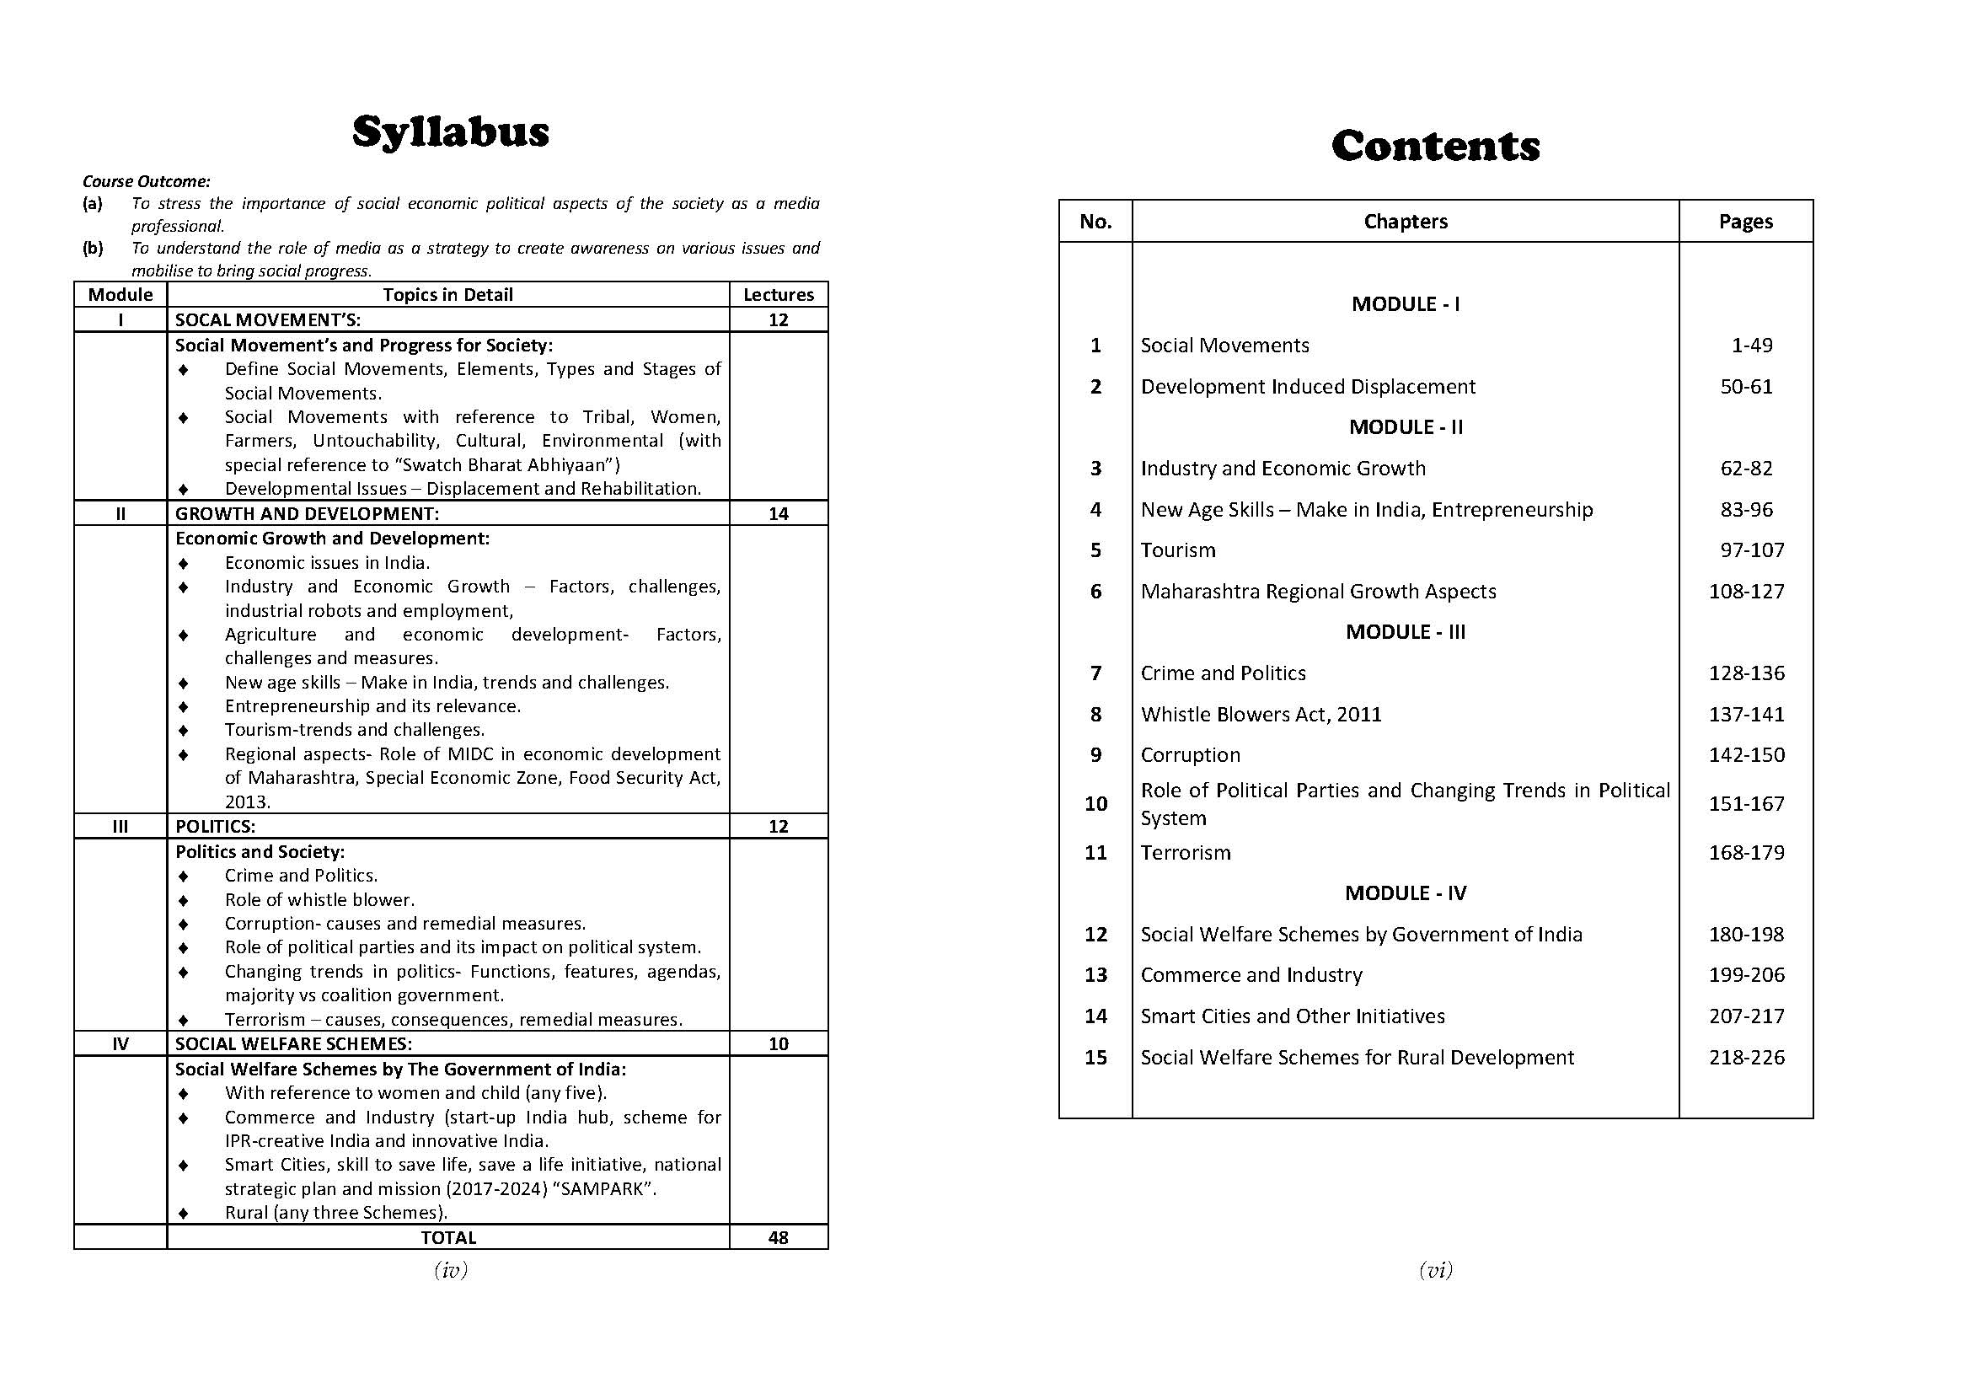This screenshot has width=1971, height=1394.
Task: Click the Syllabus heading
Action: [451, 132]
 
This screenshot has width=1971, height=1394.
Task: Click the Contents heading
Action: [1435, 146]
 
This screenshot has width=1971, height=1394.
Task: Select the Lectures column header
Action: [779, 294]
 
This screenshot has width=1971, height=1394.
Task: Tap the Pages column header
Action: [1745, 222]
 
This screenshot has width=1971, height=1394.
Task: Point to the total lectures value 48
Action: [779, 1237]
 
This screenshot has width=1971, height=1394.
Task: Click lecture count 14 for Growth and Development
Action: [779, 513]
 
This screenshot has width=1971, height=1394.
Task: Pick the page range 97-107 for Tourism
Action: [1751, 550]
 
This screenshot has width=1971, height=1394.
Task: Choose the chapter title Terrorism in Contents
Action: [1186, 852]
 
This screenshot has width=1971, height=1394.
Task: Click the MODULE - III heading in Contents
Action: [1406, 632]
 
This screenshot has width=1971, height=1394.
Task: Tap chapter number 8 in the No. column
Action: [1095, 714]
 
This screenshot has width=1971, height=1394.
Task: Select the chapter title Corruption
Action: [1191, 755]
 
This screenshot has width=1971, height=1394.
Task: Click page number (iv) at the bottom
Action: [451, 1270]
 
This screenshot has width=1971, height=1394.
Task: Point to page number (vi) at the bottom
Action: [1435, 1270]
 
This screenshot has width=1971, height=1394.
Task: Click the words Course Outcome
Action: [146, 181]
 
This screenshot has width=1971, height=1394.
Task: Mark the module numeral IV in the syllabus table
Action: [121, 1043]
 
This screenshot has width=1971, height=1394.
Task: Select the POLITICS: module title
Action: [216, 826]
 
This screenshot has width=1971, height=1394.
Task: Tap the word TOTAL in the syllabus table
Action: [448, 1237]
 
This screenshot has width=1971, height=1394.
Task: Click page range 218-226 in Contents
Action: [1746, 1058]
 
